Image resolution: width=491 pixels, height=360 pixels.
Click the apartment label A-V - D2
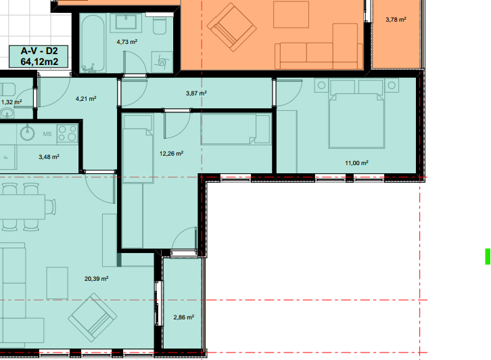click(39, 51)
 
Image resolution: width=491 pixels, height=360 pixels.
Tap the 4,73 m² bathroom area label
click(127, 42)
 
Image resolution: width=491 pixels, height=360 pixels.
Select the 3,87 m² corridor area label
click(196, 93)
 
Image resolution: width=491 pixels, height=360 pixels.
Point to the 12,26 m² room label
click(171, 154)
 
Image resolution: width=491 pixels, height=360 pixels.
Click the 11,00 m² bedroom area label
click(356, 163)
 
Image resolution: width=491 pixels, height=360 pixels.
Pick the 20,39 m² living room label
click(97, 279)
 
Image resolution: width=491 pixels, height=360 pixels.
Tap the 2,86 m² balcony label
click(184, 317)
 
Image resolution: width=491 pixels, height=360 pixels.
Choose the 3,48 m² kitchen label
click(49, 157)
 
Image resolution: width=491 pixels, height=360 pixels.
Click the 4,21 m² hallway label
click(86, 99)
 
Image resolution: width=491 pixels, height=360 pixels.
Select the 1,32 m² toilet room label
click(11, 102)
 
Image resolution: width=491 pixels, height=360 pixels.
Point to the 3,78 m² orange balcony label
click(396, 20)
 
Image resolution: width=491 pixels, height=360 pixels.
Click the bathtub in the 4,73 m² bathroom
click(93, 43)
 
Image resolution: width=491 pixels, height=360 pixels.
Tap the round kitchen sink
click(28, 133)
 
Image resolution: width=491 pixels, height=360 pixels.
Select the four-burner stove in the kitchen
click(68, 133)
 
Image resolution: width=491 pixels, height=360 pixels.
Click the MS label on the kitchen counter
click(47, 134)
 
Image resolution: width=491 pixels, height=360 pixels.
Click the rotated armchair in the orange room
click(232, 27)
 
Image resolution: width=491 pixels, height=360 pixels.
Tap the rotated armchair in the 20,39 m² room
click(93, 317)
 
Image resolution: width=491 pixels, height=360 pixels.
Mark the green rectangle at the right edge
click(488, 256)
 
